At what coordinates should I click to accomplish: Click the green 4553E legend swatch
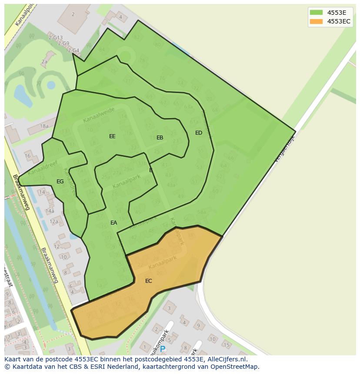[316, 13]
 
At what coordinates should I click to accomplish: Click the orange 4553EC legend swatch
[316, 21]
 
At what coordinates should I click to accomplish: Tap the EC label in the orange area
[149, 281]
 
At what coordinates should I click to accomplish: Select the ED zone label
[199, 133]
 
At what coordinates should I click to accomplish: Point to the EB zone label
[160, 138]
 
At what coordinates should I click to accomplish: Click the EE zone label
[112, 136]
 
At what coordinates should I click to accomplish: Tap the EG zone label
[60, 182]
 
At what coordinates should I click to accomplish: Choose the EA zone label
[113, 223]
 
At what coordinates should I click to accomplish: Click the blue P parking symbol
[163, 349]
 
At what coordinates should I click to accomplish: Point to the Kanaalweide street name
[99, 115]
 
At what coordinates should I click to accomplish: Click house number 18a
[44, 126]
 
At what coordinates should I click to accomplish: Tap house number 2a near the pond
[44, 62]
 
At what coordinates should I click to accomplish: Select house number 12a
[53, 222]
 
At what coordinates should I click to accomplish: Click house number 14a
[50, 211]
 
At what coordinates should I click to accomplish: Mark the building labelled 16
[28, 156]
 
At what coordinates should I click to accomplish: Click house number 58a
[201, 212]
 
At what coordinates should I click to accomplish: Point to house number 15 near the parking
[227, 345]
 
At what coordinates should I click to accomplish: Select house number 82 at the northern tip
[137, 37]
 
